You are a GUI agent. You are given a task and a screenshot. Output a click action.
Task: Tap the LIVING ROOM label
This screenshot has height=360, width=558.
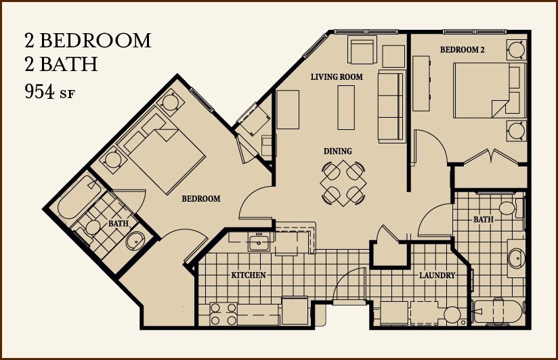pos(337,77)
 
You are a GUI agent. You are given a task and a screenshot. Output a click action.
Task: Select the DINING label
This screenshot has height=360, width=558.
pos(337,151)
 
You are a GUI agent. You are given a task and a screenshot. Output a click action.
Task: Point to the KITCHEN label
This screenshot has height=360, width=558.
pos(249,275)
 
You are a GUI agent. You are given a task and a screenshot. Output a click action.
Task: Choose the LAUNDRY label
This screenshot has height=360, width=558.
pos(437,275)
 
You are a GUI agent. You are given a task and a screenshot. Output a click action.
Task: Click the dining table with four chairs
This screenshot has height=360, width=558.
pos(343,182)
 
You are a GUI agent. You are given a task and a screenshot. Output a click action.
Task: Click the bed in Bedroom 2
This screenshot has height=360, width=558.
pos(483,89)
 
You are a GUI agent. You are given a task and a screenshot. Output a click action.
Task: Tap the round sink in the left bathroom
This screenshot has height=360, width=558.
pos(137,241)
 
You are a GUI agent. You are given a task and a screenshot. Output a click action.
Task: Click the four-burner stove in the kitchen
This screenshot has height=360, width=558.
pos(224,314)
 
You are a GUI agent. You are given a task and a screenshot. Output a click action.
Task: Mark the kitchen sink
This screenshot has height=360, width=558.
pos(258,242)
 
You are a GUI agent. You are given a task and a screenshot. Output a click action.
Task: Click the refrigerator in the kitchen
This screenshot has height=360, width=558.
pos(295,312)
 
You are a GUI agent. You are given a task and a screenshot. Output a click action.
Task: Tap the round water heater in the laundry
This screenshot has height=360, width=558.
pos(452,315)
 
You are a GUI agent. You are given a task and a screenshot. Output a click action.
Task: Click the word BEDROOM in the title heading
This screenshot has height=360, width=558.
pos(95,41)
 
